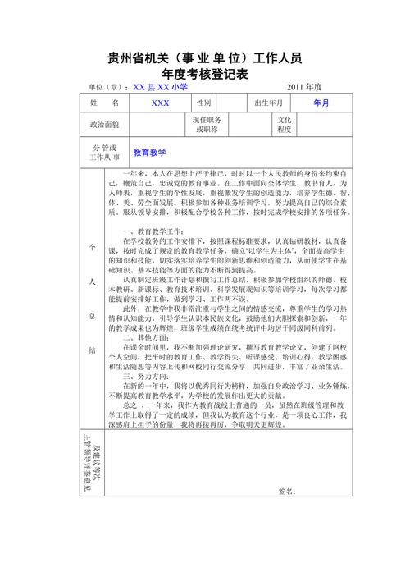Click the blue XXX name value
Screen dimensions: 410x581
161,103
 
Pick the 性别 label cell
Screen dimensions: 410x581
204,103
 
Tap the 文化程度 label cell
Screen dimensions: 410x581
285,125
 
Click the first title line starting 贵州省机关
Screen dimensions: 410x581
205,57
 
